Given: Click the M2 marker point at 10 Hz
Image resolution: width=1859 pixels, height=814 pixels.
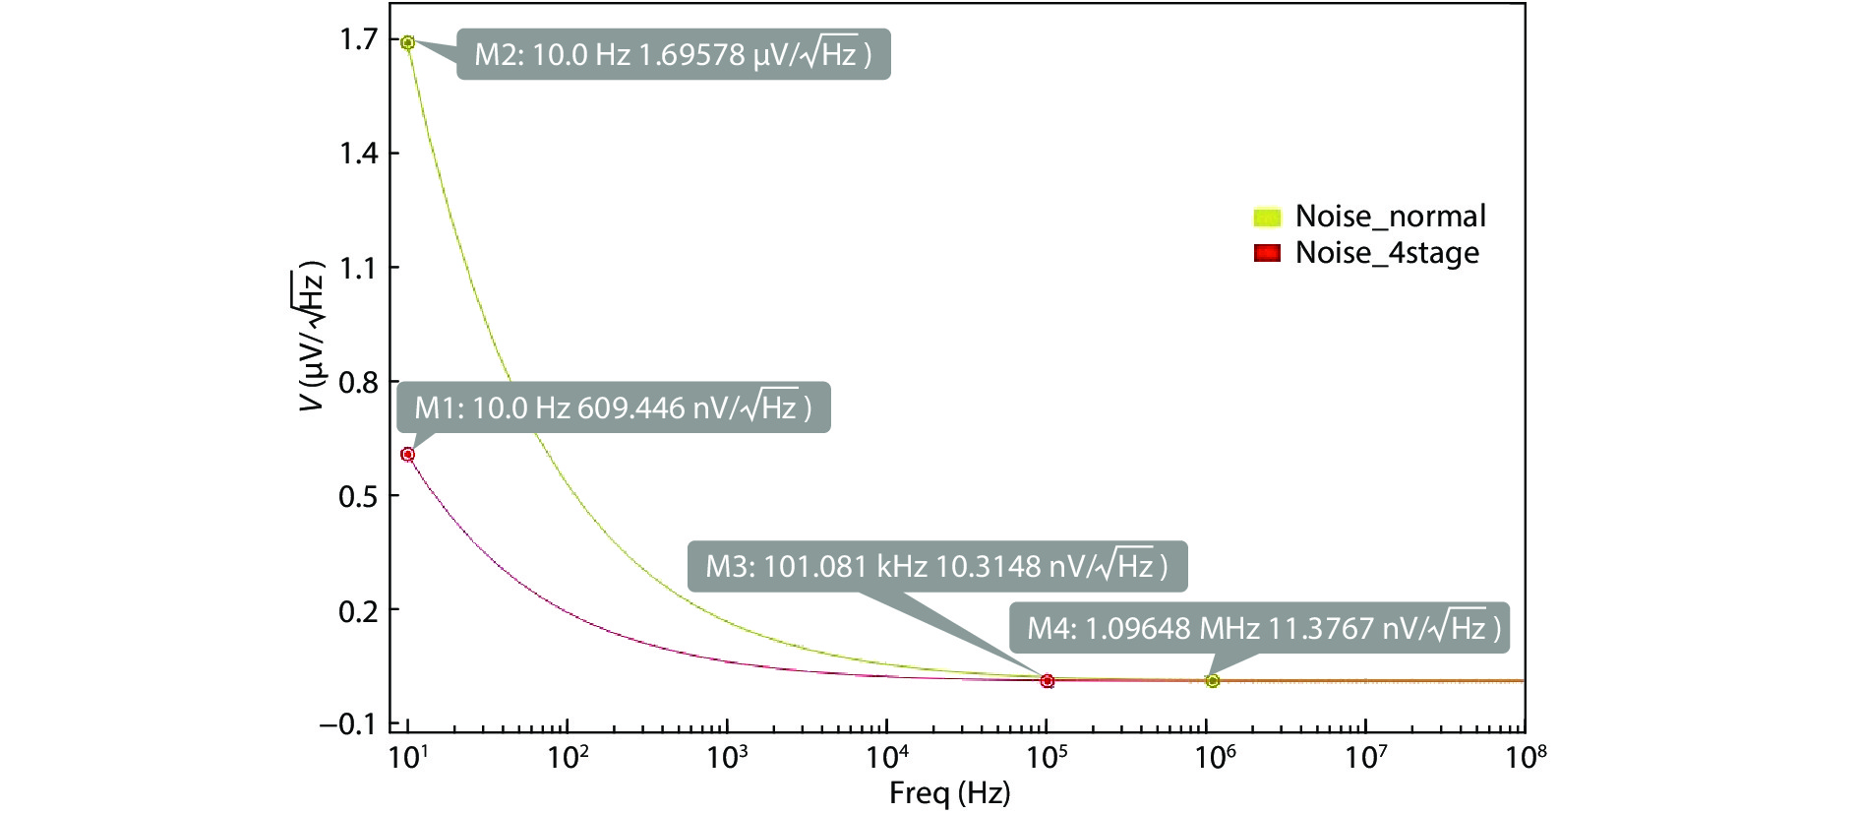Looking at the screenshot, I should point(407,42).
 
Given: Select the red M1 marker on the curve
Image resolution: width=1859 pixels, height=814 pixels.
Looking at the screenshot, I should point(407,454).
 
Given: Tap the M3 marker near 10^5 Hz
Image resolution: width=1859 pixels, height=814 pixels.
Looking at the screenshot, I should point(1048,681).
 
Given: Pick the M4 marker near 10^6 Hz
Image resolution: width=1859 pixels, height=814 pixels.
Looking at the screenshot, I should point(1213,681).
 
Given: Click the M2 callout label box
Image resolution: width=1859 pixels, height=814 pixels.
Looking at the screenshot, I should point(673,54).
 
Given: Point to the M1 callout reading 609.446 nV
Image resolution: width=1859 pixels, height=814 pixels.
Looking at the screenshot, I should point(613,407).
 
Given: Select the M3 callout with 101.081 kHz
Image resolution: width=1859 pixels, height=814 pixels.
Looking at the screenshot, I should point(936,566).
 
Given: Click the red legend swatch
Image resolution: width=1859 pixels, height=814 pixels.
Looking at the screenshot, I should point(1268,253).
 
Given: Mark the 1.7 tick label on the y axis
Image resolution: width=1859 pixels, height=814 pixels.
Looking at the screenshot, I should point(358,39).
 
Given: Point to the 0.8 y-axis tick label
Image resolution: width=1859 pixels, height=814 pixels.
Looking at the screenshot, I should point(358,382).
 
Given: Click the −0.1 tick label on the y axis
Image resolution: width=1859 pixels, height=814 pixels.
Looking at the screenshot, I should point(348,724).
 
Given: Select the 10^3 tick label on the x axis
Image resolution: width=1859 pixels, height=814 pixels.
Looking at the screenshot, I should point(727,758).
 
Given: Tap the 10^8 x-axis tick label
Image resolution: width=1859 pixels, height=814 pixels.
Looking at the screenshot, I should point(1524,758).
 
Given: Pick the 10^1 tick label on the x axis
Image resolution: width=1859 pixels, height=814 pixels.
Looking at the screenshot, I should point(407,758).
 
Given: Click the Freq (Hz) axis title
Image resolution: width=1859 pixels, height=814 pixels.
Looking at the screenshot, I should point(949,793).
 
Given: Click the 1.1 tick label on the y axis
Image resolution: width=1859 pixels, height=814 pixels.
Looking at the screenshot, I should point(358,268).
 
